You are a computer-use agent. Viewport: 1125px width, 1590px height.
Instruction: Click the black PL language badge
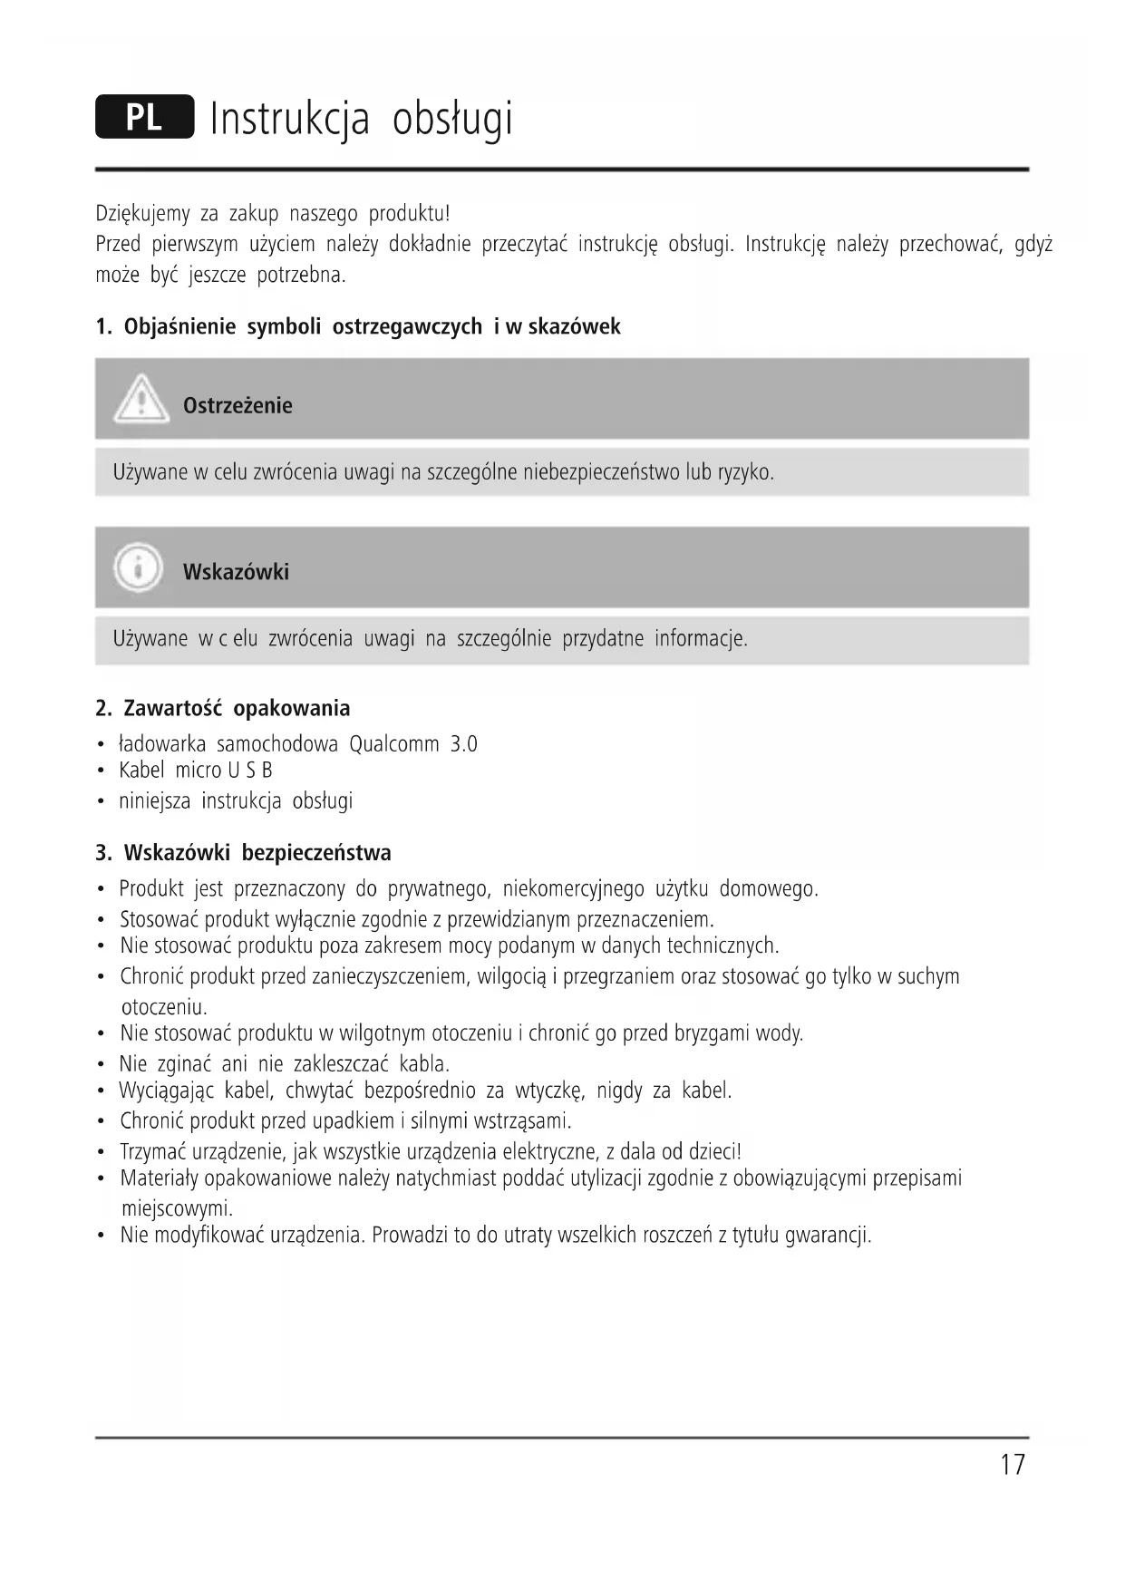coord(144,117)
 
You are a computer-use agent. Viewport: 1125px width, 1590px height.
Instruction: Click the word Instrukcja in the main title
coord(290,119)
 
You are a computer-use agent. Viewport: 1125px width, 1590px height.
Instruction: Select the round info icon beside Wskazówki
coord(138,567)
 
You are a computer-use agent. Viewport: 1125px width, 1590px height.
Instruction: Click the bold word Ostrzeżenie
coord(238,405)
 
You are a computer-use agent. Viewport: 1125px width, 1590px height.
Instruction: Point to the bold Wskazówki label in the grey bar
coord(236,572)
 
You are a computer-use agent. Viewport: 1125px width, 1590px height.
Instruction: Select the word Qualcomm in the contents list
coord(393,744)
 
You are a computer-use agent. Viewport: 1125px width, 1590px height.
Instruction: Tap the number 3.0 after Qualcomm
coord(463,744)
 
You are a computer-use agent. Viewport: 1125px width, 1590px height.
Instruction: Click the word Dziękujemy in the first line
coord(142,214)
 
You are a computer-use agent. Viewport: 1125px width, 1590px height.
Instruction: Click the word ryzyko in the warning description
coord(745,472)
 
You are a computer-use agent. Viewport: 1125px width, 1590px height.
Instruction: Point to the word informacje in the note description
coord(701,638)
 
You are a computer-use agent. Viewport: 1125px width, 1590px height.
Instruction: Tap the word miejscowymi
coord(177,1208)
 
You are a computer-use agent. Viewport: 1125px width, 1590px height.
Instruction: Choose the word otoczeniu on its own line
coord(164,1007)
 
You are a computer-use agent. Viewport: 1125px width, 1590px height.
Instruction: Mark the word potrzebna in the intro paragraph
coord(300,275)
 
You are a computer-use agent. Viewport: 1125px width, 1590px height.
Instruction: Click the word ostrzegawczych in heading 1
coord(407,326)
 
